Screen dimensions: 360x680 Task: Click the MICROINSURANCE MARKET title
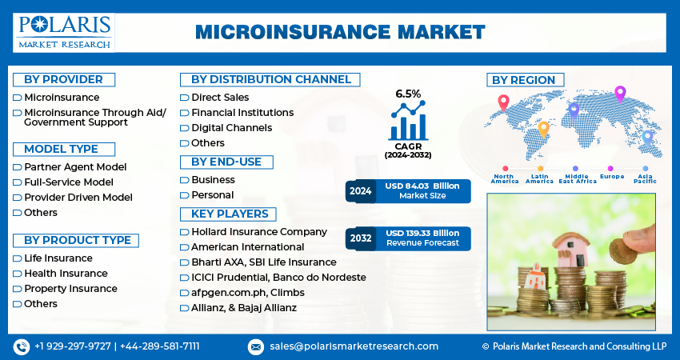click(x=340, y=32)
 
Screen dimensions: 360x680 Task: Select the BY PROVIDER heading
click(x=63, y=79)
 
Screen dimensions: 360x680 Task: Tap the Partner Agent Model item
click(x=75, y=167)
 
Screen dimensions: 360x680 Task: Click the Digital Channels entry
click(x=231, y=128)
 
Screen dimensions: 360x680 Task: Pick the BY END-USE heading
click(x=226, y=162)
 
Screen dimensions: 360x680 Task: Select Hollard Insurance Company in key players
click(x=258, y=232)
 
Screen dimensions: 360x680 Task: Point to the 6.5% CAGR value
click(x=408, y=94)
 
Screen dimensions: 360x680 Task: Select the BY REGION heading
click(x=524, y=80)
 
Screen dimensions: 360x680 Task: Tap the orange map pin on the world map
click(x=543, y=129)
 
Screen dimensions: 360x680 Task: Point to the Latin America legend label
click(x=539, y=179)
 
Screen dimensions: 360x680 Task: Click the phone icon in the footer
click(x=22, y=346)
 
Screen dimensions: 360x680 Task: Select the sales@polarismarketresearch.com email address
click(x=354, y=346)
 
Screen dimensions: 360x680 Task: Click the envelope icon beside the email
click(x=256, y=346)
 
